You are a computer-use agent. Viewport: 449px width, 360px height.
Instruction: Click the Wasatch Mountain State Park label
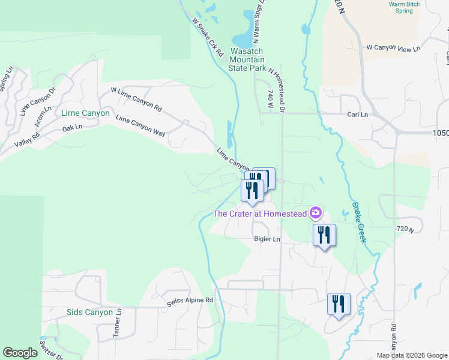[247, 60]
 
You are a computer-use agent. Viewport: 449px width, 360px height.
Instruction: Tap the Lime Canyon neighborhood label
[85, 113]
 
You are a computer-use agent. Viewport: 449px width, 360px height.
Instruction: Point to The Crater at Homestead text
[260, 214]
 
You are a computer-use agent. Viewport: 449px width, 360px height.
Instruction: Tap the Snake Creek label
[359, 223]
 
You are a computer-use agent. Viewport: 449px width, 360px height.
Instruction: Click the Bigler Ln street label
[267, 239]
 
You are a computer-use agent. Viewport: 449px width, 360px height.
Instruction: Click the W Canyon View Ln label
[394, 47]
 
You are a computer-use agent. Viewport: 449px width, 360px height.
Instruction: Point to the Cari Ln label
[357, 114]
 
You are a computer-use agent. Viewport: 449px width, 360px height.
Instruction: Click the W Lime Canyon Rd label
[136, 100]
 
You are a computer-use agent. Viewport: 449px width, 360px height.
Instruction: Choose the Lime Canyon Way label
[140, 126]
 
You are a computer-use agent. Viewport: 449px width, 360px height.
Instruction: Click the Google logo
[20, 353]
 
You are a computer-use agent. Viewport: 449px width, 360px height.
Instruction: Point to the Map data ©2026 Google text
[412, 355]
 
